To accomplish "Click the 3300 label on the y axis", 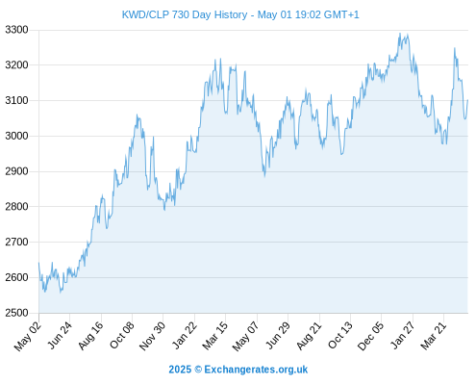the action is coord(16,30).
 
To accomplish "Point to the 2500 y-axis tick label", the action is coord(16,313).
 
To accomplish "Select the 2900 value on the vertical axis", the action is coord(16,171).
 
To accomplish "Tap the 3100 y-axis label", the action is coord(16,100).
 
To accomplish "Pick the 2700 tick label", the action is coord(16,242).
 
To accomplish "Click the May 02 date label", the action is coord(28,336).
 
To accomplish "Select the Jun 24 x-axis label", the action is coord(61,335).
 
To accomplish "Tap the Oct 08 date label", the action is coord(122,335).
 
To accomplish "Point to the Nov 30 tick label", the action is coord(153,336).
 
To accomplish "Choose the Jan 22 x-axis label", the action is coord(185,335).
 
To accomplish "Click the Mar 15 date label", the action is coord(215,335).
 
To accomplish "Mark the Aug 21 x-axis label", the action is coord(309,335).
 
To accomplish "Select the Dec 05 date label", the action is coord(370,336).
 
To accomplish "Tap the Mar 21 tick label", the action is coord(433,335).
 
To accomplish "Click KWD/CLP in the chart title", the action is coord(145,14).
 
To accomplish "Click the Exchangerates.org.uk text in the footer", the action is coord(256,370).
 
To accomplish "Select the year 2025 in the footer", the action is coord(180,370).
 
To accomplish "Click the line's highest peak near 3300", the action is coord(400,33).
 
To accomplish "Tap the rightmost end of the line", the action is coord(467,100).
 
